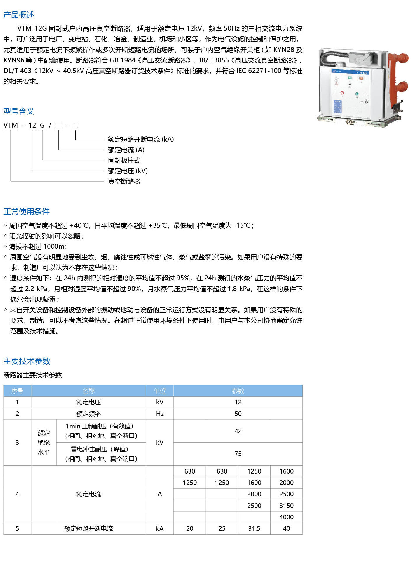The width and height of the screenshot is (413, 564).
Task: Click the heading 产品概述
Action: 19,15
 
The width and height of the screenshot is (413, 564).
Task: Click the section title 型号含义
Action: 19,111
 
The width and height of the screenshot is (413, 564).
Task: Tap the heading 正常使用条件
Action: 27,211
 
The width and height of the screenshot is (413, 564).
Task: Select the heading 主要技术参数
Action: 27,361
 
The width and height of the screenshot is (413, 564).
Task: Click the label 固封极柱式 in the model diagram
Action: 124,160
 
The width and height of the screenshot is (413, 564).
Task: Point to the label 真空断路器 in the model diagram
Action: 124,181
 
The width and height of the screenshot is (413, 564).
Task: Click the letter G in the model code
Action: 42,125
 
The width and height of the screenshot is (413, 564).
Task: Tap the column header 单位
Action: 160,391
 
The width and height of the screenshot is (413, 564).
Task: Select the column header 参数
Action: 238,391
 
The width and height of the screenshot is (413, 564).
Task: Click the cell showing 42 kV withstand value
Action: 238,431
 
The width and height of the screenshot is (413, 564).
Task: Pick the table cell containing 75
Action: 238,454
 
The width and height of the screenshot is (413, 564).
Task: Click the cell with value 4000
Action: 286,517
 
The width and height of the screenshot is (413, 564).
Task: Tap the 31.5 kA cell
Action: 254,528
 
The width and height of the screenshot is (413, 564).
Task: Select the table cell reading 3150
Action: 286,506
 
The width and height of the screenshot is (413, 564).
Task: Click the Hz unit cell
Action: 160,414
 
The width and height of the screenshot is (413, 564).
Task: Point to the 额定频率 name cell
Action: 88,414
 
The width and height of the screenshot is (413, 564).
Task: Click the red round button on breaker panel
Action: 342,93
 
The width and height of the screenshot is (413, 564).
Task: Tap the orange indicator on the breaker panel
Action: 361,78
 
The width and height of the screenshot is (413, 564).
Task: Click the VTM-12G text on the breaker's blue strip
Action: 362,72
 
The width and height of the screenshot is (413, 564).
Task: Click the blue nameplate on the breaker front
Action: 338,107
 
